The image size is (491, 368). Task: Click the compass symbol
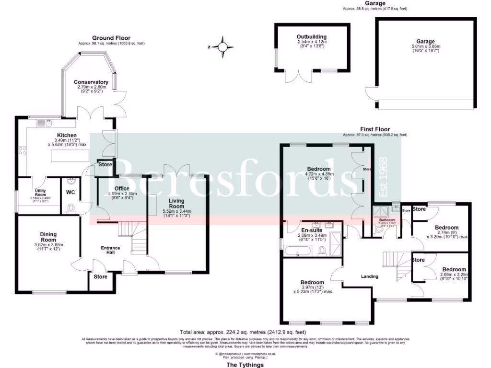pyautogui.click(x=222, y=46)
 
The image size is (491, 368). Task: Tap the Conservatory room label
pyautogui.click(x=91, y=82)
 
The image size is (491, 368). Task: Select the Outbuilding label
pyautogui.click(x=311, y=36)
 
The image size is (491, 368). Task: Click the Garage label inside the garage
pyautogui.click(x=425, y=42)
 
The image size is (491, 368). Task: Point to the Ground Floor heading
pyautogui.click(x=111, y=38)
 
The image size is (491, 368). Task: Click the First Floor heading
pyautogui.click(x=375, y=129)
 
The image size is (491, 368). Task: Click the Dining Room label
pyautogui.click(x=48, y=237)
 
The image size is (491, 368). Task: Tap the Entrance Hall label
pyautogui.click(x=110, y=251)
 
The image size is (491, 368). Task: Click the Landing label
pyautogui.click(x=369, y=276)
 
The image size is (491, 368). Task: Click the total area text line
pyautogui.click(x=243, y=332)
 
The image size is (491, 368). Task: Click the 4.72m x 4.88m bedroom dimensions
pyautogui.click(x=319, y=174)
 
